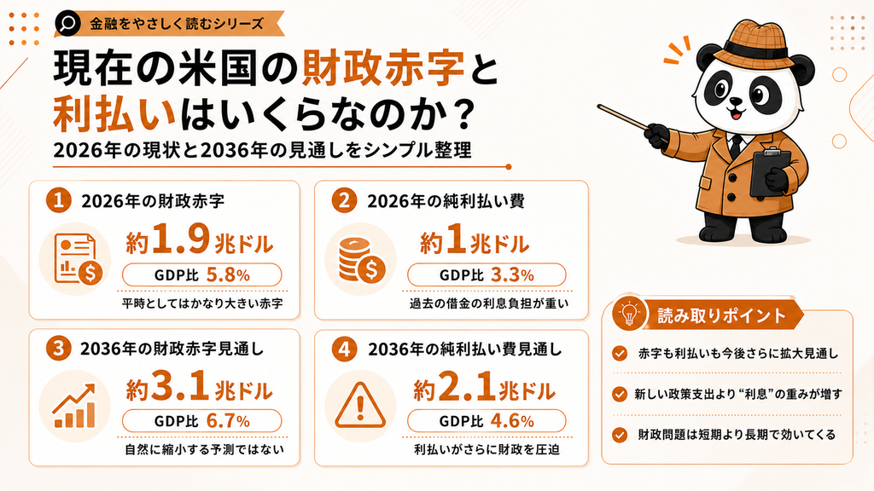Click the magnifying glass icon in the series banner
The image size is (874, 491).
[x=68, y=23]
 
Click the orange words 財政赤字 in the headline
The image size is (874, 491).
[x=383, y=70]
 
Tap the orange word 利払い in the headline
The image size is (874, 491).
[x=114, y=114]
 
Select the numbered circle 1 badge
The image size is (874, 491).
[x=59, y=200]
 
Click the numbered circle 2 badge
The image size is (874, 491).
[x=345, y=200]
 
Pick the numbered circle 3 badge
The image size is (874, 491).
[x=59, y=349]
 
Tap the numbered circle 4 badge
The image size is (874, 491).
[x=345, y=349]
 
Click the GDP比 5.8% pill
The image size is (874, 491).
[x=201, y=275]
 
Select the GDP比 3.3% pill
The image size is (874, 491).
[x=487, y=275]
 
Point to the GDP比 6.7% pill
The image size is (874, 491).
[x=201, y=421]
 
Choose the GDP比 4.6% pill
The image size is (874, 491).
[x=487, y=421]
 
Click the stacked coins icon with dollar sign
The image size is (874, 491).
[x=361, y=259]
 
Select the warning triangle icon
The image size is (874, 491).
[x=360, y=405]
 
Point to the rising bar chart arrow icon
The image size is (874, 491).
[x=74, y=407]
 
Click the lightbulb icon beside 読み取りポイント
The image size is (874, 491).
[x=629, y=315]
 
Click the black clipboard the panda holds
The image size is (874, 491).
[x=771, y=171]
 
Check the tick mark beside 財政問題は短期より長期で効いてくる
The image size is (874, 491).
[x=620, y=435]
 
